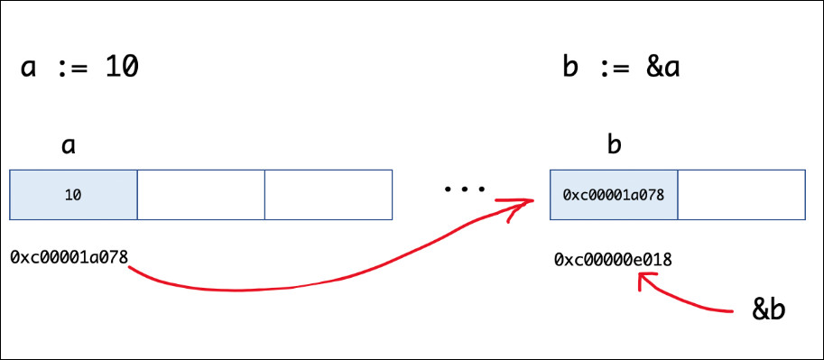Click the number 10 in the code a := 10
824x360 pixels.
[x=122, y=69]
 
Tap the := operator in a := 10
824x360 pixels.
[x=71, y=69]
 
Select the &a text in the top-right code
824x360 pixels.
[x=663, y=69]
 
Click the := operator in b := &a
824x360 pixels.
[x=612, y=69]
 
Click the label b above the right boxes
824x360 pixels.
[x=614, y=143]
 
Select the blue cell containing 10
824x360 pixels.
[x=74, y=195]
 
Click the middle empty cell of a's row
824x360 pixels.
[x=200, y=195]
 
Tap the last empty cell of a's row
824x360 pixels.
[x=329, y=195]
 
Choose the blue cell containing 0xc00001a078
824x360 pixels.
[x=614, y=195]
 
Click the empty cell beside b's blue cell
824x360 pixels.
[x=742, y=195]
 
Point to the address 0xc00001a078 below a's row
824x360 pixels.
[x=69, y=257]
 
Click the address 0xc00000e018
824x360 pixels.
[x=614, y=260]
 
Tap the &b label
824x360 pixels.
[x=769, y=309]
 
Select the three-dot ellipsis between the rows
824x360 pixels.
[x=465, y=189]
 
